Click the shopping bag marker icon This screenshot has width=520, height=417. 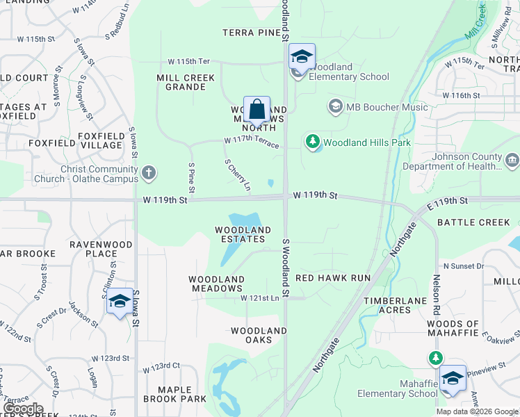(257, 110)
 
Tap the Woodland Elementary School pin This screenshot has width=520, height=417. (302, 57)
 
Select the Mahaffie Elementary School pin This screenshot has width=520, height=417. (453, 379)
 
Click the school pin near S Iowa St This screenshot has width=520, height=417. (120, 302)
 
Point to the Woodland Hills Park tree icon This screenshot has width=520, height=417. (313, 142)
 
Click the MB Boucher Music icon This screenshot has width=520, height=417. (336, 106)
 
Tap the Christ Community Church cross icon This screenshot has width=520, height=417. (148, 172)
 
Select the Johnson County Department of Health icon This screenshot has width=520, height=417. (512, 161)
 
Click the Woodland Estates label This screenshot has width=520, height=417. (243, 235)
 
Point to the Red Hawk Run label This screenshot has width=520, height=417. (333, 277)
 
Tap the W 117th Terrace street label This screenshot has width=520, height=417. (252, 142)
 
